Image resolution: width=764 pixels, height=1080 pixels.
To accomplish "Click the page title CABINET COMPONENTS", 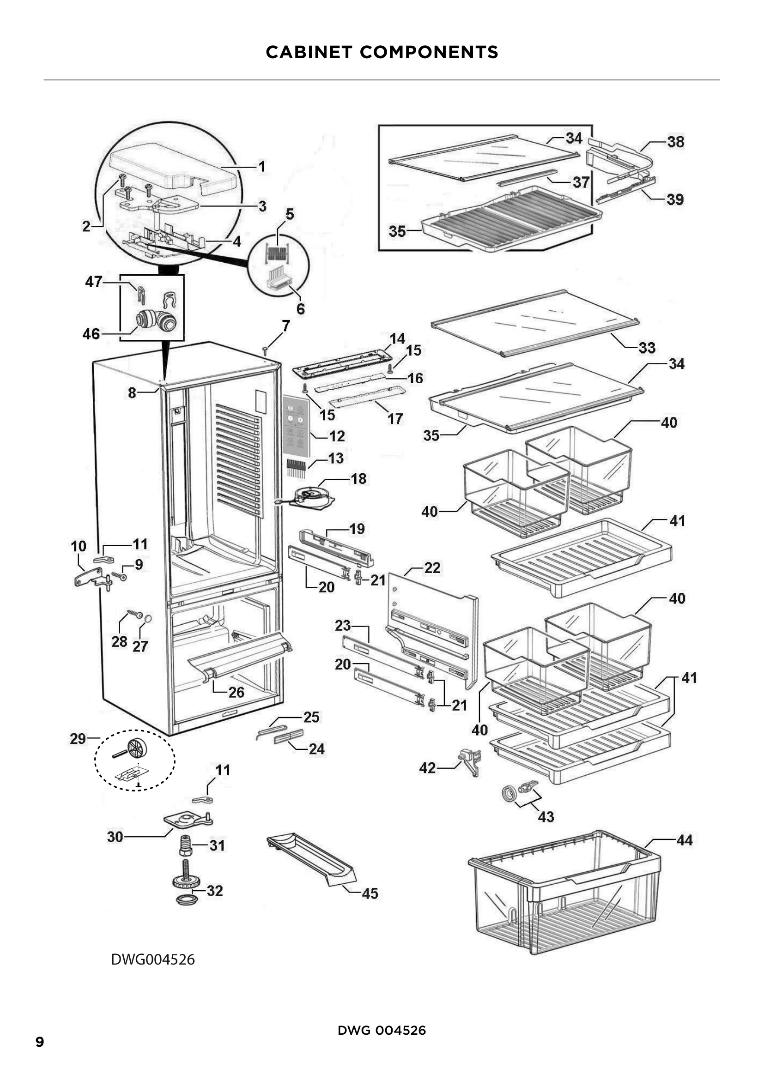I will click(x=382, y=52).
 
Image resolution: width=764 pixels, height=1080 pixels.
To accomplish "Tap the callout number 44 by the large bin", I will click(x=685, y=840).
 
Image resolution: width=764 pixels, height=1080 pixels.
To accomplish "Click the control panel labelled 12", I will click(x=296, y=426).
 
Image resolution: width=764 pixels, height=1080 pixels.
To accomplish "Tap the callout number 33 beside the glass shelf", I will click(x=647, y=348).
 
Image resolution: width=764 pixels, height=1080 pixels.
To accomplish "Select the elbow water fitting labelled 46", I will click(x=156, y=320).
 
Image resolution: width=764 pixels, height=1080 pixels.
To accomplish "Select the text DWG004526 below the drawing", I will click(x=152, y=959).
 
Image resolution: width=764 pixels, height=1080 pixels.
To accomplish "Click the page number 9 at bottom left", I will click(x=40, y=1042).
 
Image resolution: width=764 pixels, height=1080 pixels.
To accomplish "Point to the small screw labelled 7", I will click(x=265, y=350).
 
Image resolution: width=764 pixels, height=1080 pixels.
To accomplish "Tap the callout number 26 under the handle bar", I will click(x=236, y=692).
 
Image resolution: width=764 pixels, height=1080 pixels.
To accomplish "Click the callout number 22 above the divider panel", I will click(x=432, y=568).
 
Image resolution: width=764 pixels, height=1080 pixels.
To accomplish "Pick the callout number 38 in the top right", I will click(x=676, y=142).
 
